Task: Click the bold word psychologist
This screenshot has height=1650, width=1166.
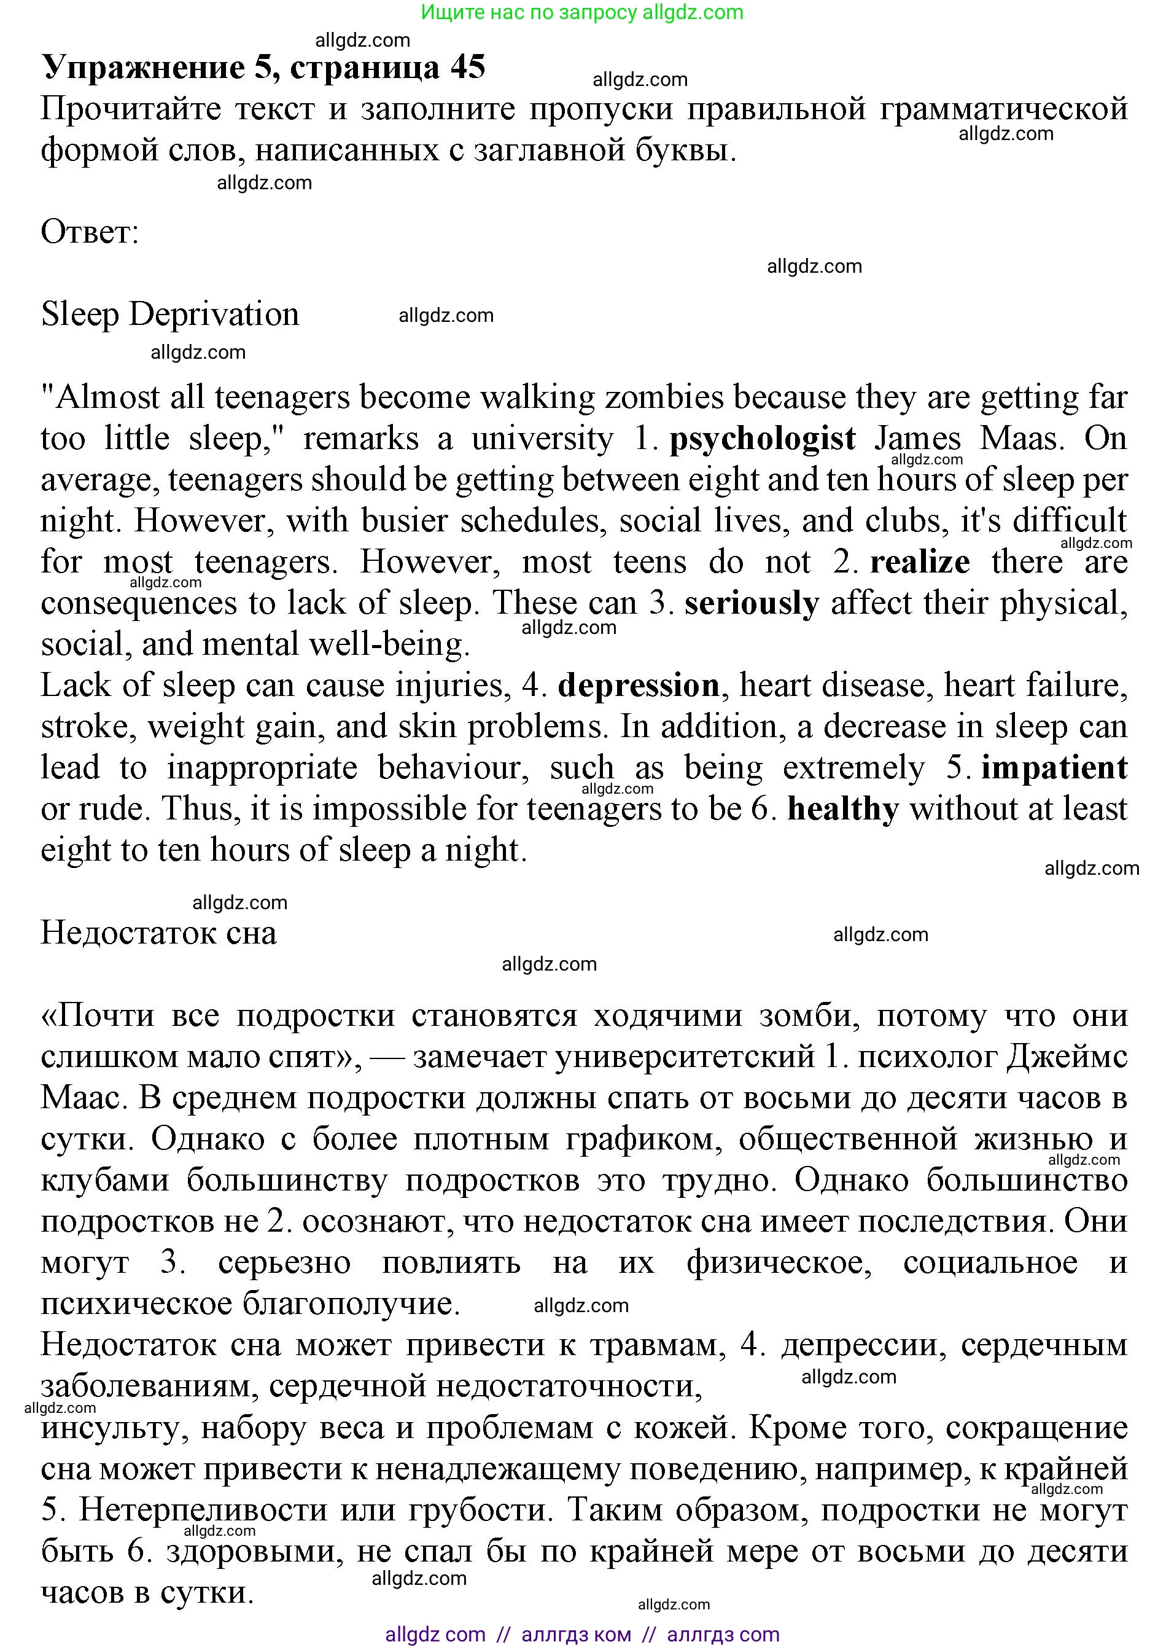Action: pos(762,439)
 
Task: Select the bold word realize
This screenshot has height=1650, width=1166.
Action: pos(920,562)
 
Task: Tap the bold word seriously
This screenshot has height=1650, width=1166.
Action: pos(752,604)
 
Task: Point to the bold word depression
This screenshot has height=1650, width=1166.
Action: pos(639,686)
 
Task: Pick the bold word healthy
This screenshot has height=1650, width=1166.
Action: pos(844,809)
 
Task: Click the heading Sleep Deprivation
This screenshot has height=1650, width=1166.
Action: pos(170,315)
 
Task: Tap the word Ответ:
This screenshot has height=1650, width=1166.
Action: pos(90,232)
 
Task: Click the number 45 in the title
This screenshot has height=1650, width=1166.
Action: pos(468,68)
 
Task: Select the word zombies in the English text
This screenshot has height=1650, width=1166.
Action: pos(664,397)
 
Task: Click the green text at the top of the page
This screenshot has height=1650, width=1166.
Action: pos(582,12)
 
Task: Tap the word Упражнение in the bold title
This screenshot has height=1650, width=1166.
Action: pos(143,68)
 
